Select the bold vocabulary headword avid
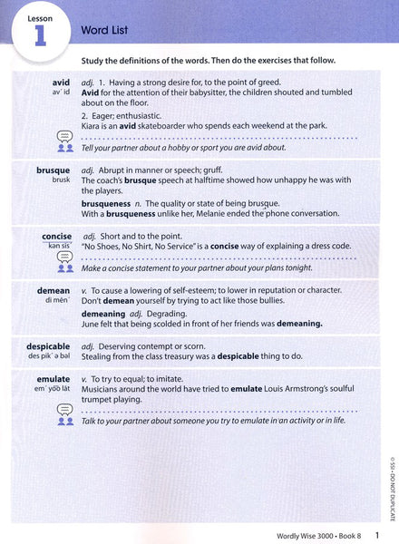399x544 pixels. coord(61,82)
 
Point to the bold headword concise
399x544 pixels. coord(56,237)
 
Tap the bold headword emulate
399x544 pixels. coord(54,378)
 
